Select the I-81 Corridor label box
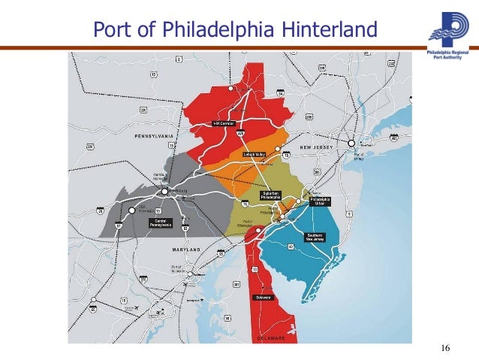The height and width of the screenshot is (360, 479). pos(224,123)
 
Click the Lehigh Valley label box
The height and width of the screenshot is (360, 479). pos(254,154)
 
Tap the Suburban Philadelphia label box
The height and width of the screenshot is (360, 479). pos(272,195)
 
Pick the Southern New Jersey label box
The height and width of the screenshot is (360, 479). pos(315,237)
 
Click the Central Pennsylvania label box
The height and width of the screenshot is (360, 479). pos(160,222)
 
